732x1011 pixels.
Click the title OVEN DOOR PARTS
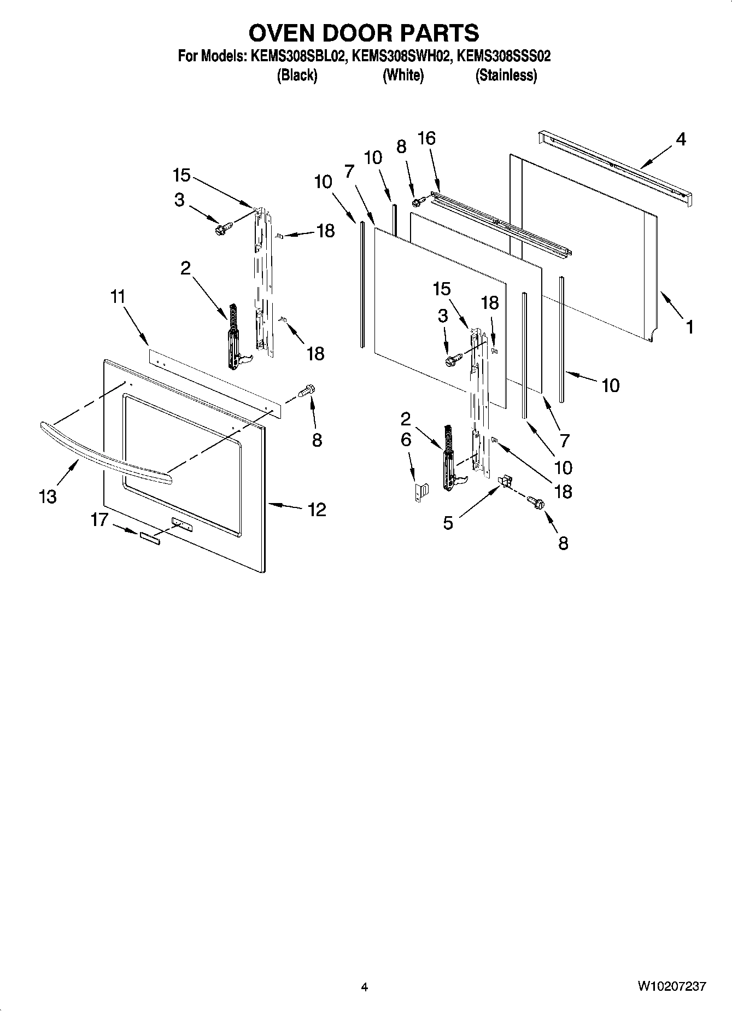(x=364, y=33)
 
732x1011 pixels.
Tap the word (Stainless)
(x=506, y=75)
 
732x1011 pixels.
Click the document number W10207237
(x=671, y=986)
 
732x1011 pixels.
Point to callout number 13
(x=48, y=496)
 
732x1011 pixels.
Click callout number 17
(x=99, y=519)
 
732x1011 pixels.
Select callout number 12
(x=317, y=510)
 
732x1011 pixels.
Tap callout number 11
(x=118, y=297)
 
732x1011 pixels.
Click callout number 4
(x=680, y=139)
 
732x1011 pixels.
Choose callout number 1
(x=689, y=327)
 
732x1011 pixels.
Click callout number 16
(x=426, y=138)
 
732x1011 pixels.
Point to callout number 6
(x=406, y=440)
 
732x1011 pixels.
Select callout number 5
(x=448, y=523)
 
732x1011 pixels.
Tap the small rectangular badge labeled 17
(x=150, y=538)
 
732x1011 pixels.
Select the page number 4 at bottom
(x=365, y=986)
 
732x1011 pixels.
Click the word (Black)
(x=297, y=75)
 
